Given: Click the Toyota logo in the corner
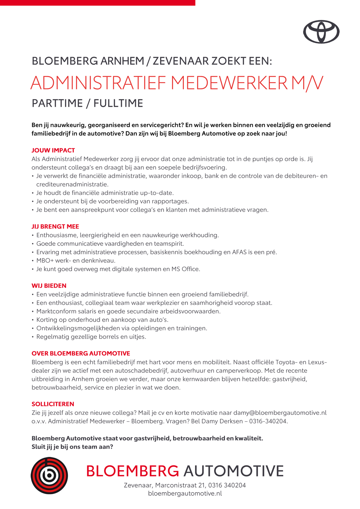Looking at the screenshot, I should [x=321, y=32].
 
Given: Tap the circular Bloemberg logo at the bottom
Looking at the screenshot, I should [x=49, y=476].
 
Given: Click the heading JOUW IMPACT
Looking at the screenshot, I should [x=53, y=150].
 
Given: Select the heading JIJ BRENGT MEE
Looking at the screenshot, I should [x=55, y=227].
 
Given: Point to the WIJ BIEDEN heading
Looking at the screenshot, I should [x=49, y=286].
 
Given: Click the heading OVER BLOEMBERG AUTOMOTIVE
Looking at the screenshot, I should [x=81, y=353].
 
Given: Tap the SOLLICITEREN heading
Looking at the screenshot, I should [x=53, y=404].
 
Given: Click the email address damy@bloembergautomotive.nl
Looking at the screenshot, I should [x=280, y=413].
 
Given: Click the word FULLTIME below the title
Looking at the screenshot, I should [x=118, y=103].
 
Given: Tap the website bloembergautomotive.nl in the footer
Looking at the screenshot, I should [x=185, y=494].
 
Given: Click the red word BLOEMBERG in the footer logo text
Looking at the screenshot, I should [x=132, y=471].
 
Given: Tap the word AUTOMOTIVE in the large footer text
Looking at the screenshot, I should [x=233, y=471].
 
